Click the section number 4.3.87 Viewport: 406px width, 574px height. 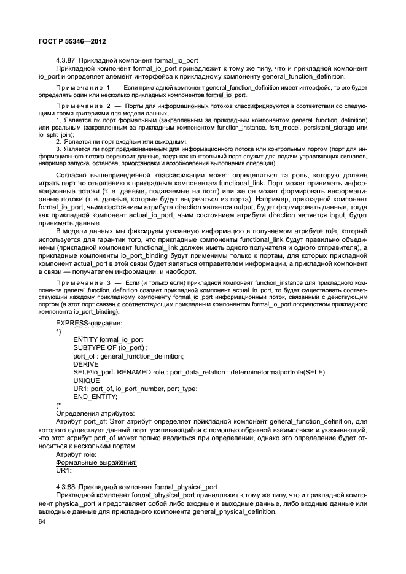[x=66, y=60]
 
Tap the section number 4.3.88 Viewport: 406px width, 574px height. [x=66, y=485]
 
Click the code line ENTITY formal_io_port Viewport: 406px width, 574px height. [x=108, y=339]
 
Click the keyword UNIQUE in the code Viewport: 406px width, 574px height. [x=86, y=381]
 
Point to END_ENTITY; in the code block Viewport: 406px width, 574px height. [x=95, y=397]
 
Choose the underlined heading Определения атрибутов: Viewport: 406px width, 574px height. [x=96, y=413]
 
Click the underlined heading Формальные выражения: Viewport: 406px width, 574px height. [x=96, y=462]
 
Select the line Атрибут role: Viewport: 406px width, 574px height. [x=77, y=454]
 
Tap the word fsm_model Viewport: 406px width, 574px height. [x=281, y=128]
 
